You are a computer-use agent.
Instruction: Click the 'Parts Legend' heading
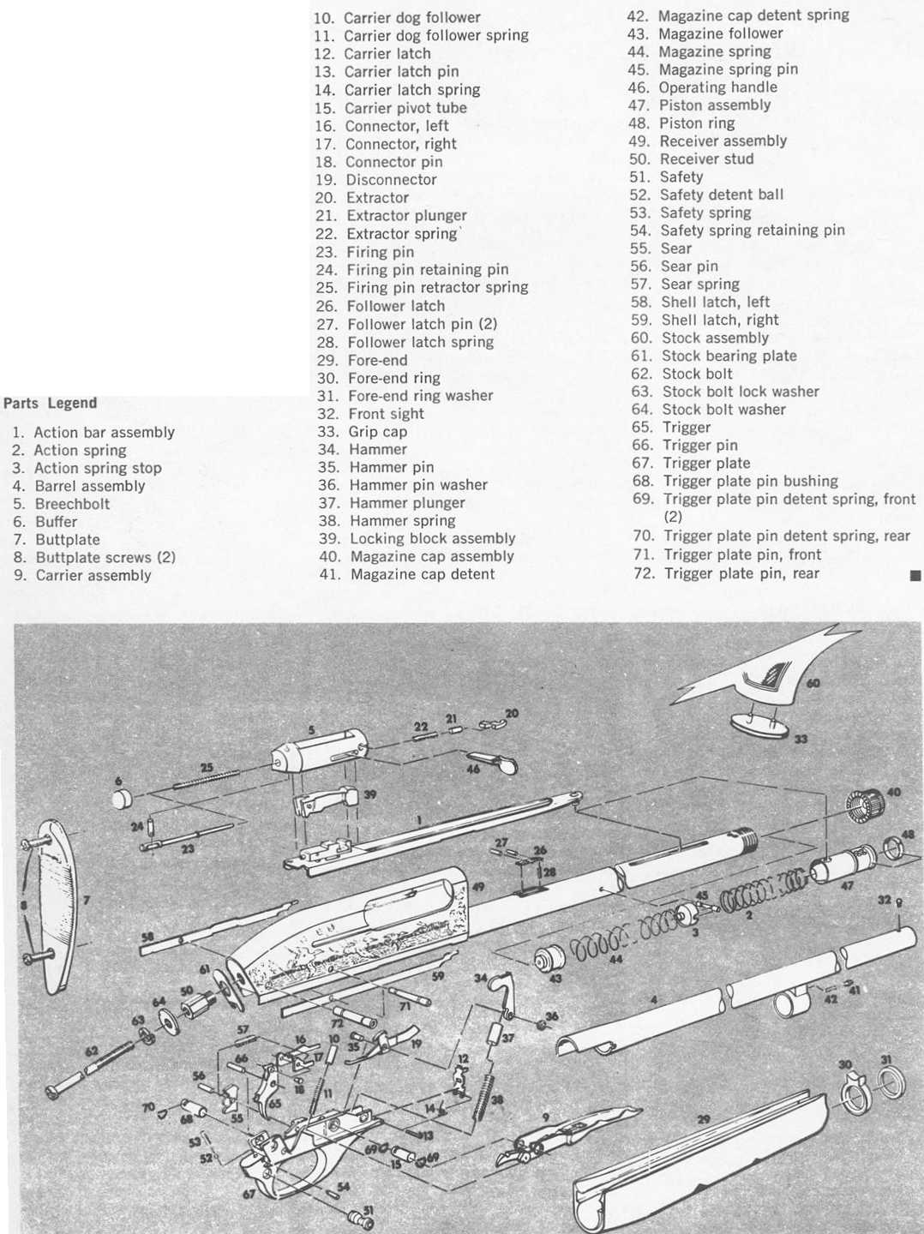[51, 404]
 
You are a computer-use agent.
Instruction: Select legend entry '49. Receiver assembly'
[707, 141]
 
